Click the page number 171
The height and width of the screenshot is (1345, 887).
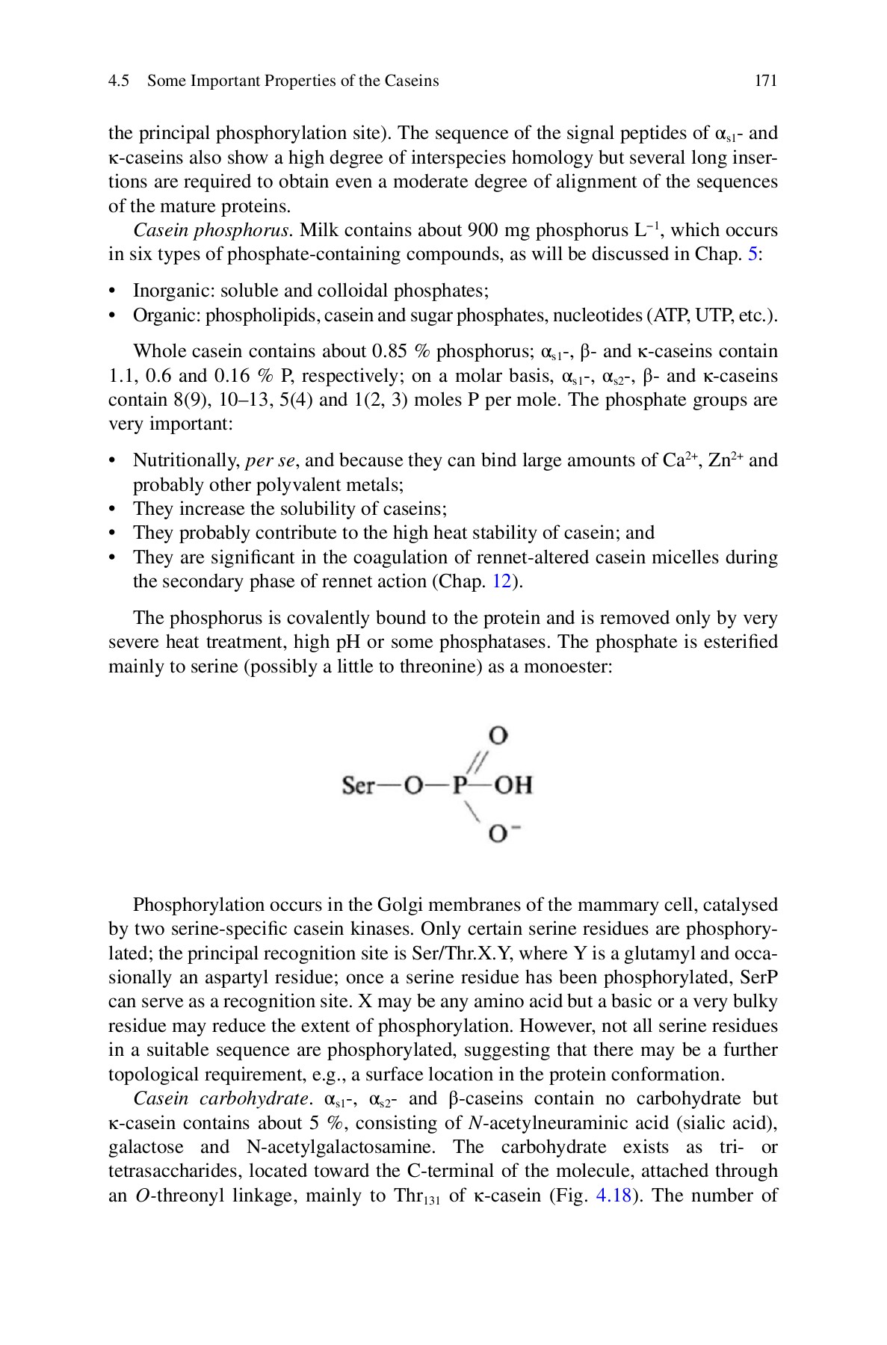click(766, 81)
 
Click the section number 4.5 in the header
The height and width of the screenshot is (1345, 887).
click(119, 81)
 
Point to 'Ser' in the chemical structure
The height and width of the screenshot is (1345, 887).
click(357, 785)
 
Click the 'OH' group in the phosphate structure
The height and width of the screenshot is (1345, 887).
click(513, 785)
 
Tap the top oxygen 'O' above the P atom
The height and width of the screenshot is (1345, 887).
click(498, 735)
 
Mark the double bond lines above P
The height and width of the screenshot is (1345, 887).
click(478, 761)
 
